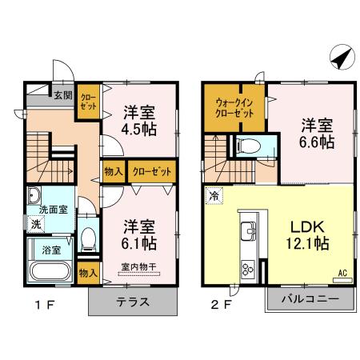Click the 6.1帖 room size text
[138, 242]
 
